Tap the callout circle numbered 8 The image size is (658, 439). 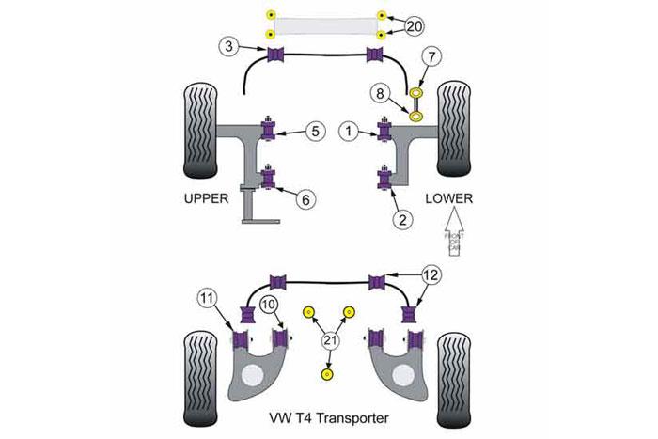click(x=381, y=94)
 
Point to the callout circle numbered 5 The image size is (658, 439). click(x=316, y=133)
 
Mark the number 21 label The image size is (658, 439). click(x=328, y=341)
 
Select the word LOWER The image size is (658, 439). click(x=448, y=200)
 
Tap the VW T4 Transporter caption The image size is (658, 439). click(x=328, y=418)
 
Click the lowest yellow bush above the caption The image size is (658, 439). click(x=327, y=375)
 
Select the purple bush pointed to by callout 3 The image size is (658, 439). click(x=277, y=56)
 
